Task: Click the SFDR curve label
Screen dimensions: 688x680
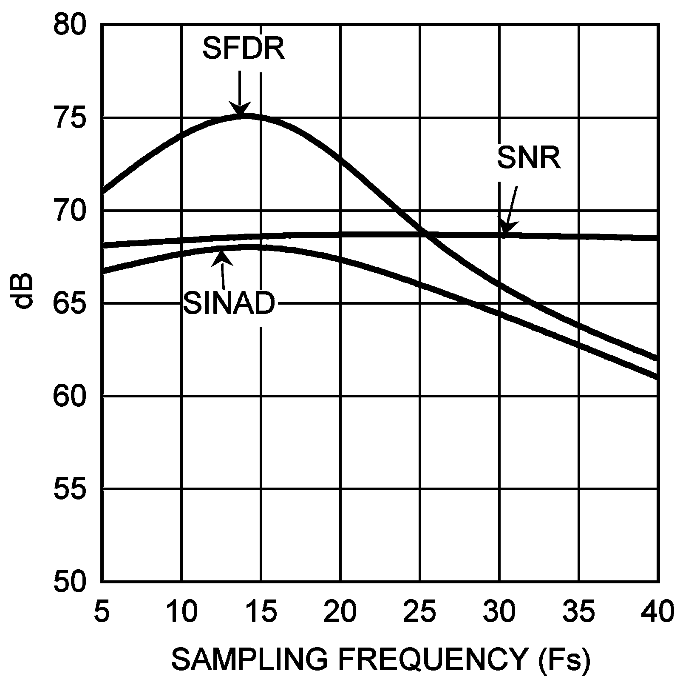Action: [243, 48]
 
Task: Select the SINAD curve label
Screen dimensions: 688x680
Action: [229, 303]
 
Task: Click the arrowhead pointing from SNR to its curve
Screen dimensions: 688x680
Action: [505, 228]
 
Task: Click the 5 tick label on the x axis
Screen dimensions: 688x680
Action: [101, 611]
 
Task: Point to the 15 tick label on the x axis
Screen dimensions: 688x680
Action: [261, 611]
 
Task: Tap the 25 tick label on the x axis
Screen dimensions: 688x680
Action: [420, 611]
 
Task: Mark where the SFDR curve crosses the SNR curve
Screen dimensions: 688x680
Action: [427, 234]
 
